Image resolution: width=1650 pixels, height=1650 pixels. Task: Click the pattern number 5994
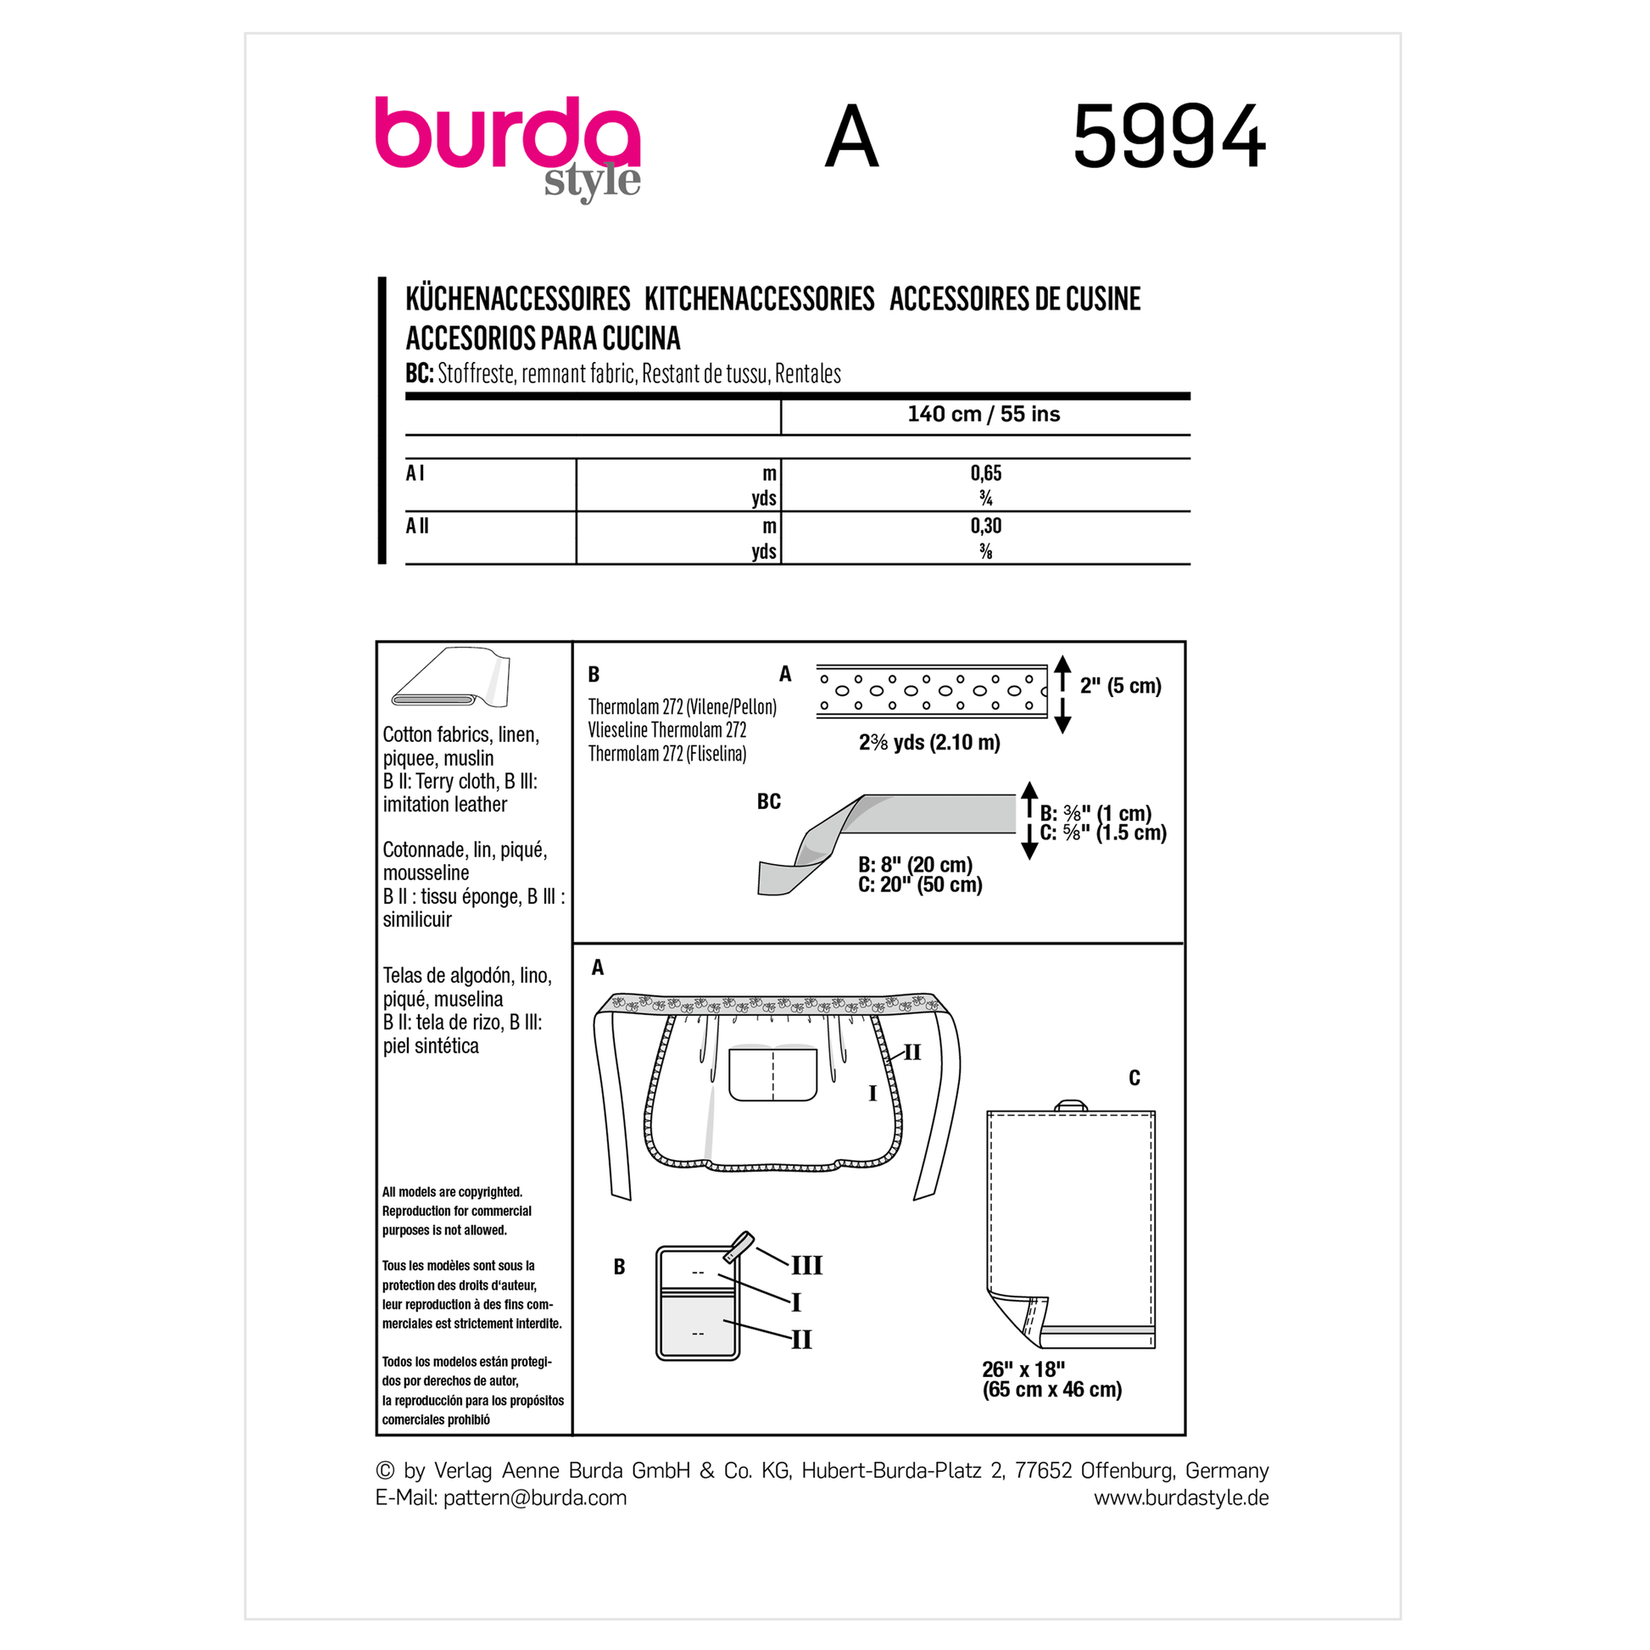pyautogui.click(x=1168, y=137)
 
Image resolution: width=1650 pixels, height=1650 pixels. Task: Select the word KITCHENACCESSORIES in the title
pyautogui.click(x=759, y=299)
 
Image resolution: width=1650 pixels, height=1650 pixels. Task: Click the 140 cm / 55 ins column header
pyautogui.click(x=983, y=415)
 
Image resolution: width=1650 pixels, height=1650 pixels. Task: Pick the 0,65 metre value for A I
pyautogui.click(x=985, y=473)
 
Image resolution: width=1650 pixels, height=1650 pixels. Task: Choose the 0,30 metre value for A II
pyautogui.click(x=985, y=526)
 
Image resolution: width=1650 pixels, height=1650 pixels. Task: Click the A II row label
pyautogui.click(x=418, y=526)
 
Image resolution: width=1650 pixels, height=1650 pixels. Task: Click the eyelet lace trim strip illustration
pyautogui.click(x=932, y=690)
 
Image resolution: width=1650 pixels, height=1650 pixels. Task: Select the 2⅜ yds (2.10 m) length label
pyautogui.click(x=929, y=743)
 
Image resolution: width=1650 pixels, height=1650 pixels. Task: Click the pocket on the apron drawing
pyautogui.click(x=773, y=1073)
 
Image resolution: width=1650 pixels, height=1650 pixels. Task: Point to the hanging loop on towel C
pyautogui.click(x=1070, y=1105)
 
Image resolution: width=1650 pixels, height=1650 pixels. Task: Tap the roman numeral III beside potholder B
pyautogui.click(x=806, y=1266)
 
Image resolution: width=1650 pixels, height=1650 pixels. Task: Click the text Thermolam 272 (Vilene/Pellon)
pyautogui.click(x=683, y=707)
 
